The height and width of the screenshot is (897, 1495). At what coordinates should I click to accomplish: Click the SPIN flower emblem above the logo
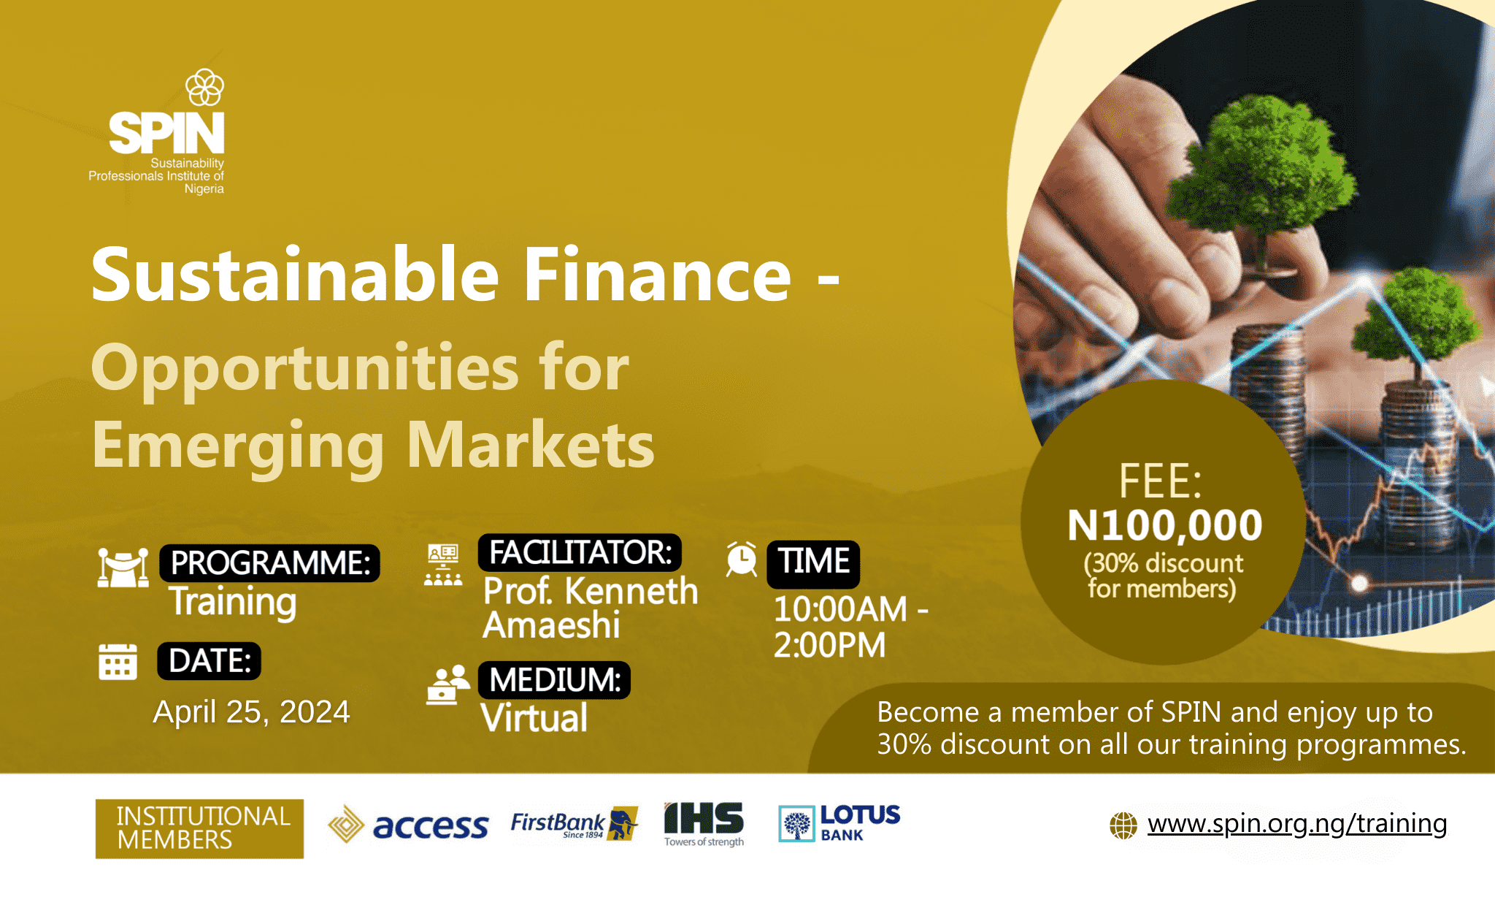(204, 88)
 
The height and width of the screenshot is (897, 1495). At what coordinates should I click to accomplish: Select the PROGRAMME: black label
(269, 563)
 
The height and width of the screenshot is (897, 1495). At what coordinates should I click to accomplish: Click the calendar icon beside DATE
(118, 662)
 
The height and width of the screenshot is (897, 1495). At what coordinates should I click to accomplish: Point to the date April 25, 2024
(251, 711)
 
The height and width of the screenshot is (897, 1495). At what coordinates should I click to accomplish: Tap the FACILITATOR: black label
(580, 552)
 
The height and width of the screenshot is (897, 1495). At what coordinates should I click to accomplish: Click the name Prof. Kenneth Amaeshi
(591, 608)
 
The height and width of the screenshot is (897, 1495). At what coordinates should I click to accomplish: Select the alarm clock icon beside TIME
(742, 560)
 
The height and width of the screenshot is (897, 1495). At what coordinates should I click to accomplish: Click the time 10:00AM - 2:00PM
(850, 627)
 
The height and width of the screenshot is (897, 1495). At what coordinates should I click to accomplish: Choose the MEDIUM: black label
(554, 680)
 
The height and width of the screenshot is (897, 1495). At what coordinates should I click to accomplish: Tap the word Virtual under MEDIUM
(534, 718)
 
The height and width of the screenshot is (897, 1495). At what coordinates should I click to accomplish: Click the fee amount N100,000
(1164, 525)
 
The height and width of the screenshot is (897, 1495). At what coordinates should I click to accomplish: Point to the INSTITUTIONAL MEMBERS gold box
(199, 828)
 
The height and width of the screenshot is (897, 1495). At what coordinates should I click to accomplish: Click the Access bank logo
(408, 825)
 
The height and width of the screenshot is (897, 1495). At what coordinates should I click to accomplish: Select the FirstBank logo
(574, 825)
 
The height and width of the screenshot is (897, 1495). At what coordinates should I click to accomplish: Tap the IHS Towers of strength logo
(704, 825)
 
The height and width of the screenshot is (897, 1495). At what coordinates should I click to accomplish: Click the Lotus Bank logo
(839, 823)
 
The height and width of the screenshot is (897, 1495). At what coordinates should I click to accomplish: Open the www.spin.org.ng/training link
(1297, 824)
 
